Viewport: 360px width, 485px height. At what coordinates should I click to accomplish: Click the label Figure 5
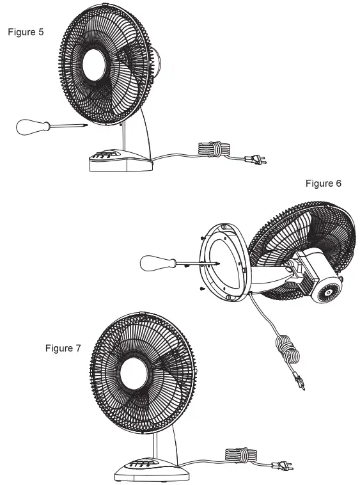click(26, 32)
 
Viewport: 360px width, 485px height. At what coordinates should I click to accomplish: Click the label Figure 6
click(324, 184)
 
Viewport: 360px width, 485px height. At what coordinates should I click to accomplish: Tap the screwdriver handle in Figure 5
click(29, 127)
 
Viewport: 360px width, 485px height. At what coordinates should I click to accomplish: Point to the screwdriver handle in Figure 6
click(155, 262)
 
